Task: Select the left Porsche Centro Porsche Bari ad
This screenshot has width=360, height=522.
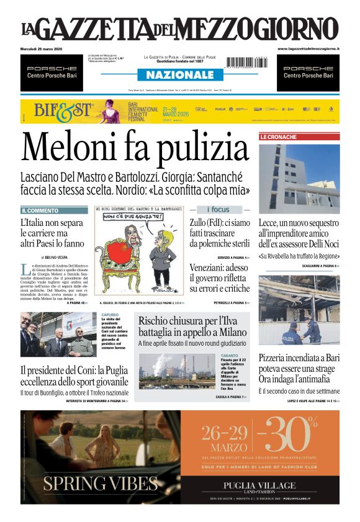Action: point(50,72)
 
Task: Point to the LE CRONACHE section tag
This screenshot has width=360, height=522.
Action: point(278,137)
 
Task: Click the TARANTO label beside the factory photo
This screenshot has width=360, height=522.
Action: point(229,356)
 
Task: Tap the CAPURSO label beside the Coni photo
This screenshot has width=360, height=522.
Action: point(110,315)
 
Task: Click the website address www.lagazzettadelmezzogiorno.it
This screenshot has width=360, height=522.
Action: point(308,48)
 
